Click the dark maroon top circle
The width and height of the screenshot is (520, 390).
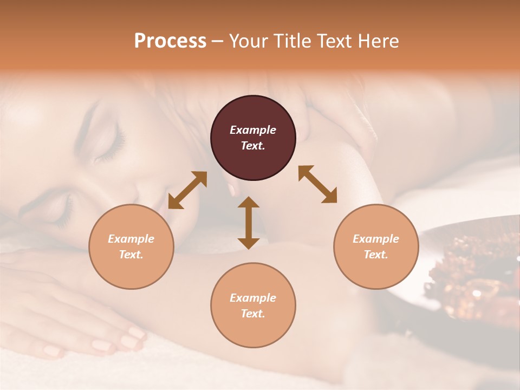pyautogui.click(x=253, y=138)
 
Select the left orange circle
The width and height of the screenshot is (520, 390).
pyautogui.click(x=131, y=246)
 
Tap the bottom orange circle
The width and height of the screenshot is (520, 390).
pyautogui.click(x=253, y=305)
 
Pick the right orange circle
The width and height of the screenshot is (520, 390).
pyautogui.click(x=376, y=246)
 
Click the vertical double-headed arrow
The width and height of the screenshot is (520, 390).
pyautogui.click(x=249, y=223)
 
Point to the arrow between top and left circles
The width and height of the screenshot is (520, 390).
pyautogui.click(x=187, y=190)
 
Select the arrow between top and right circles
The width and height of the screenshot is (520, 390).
pyautogui.click(x=317, y=184)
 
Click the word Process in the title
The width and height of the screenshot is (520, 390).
pyautogui.click(x=170, y=41)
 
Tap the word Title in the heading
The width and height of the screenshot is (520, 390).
pyautogui.click(x=292, y=41)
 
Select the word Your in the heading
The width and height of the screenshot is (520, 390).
pyautogui.click(x=248, y=41)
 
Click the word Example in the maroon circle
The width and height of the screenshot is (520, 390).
pyautogui.click(x=253, y=130)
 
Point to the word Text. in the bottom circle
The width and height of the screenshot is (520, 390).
pyautogui.click(x=253, y=314)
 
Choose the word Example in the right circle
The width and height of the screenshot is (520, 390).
pyautogui.click(x=376, y=239)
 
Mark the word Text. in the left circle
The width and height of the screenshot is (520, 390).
pyautogui.click(x=131, y=255)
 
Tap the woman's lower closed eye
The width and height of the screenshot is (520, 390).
pyautogui.click(x=62, y=214)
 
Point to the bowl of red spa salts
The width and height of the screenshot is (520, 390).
pyautogui.click(x=477, y=276)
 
